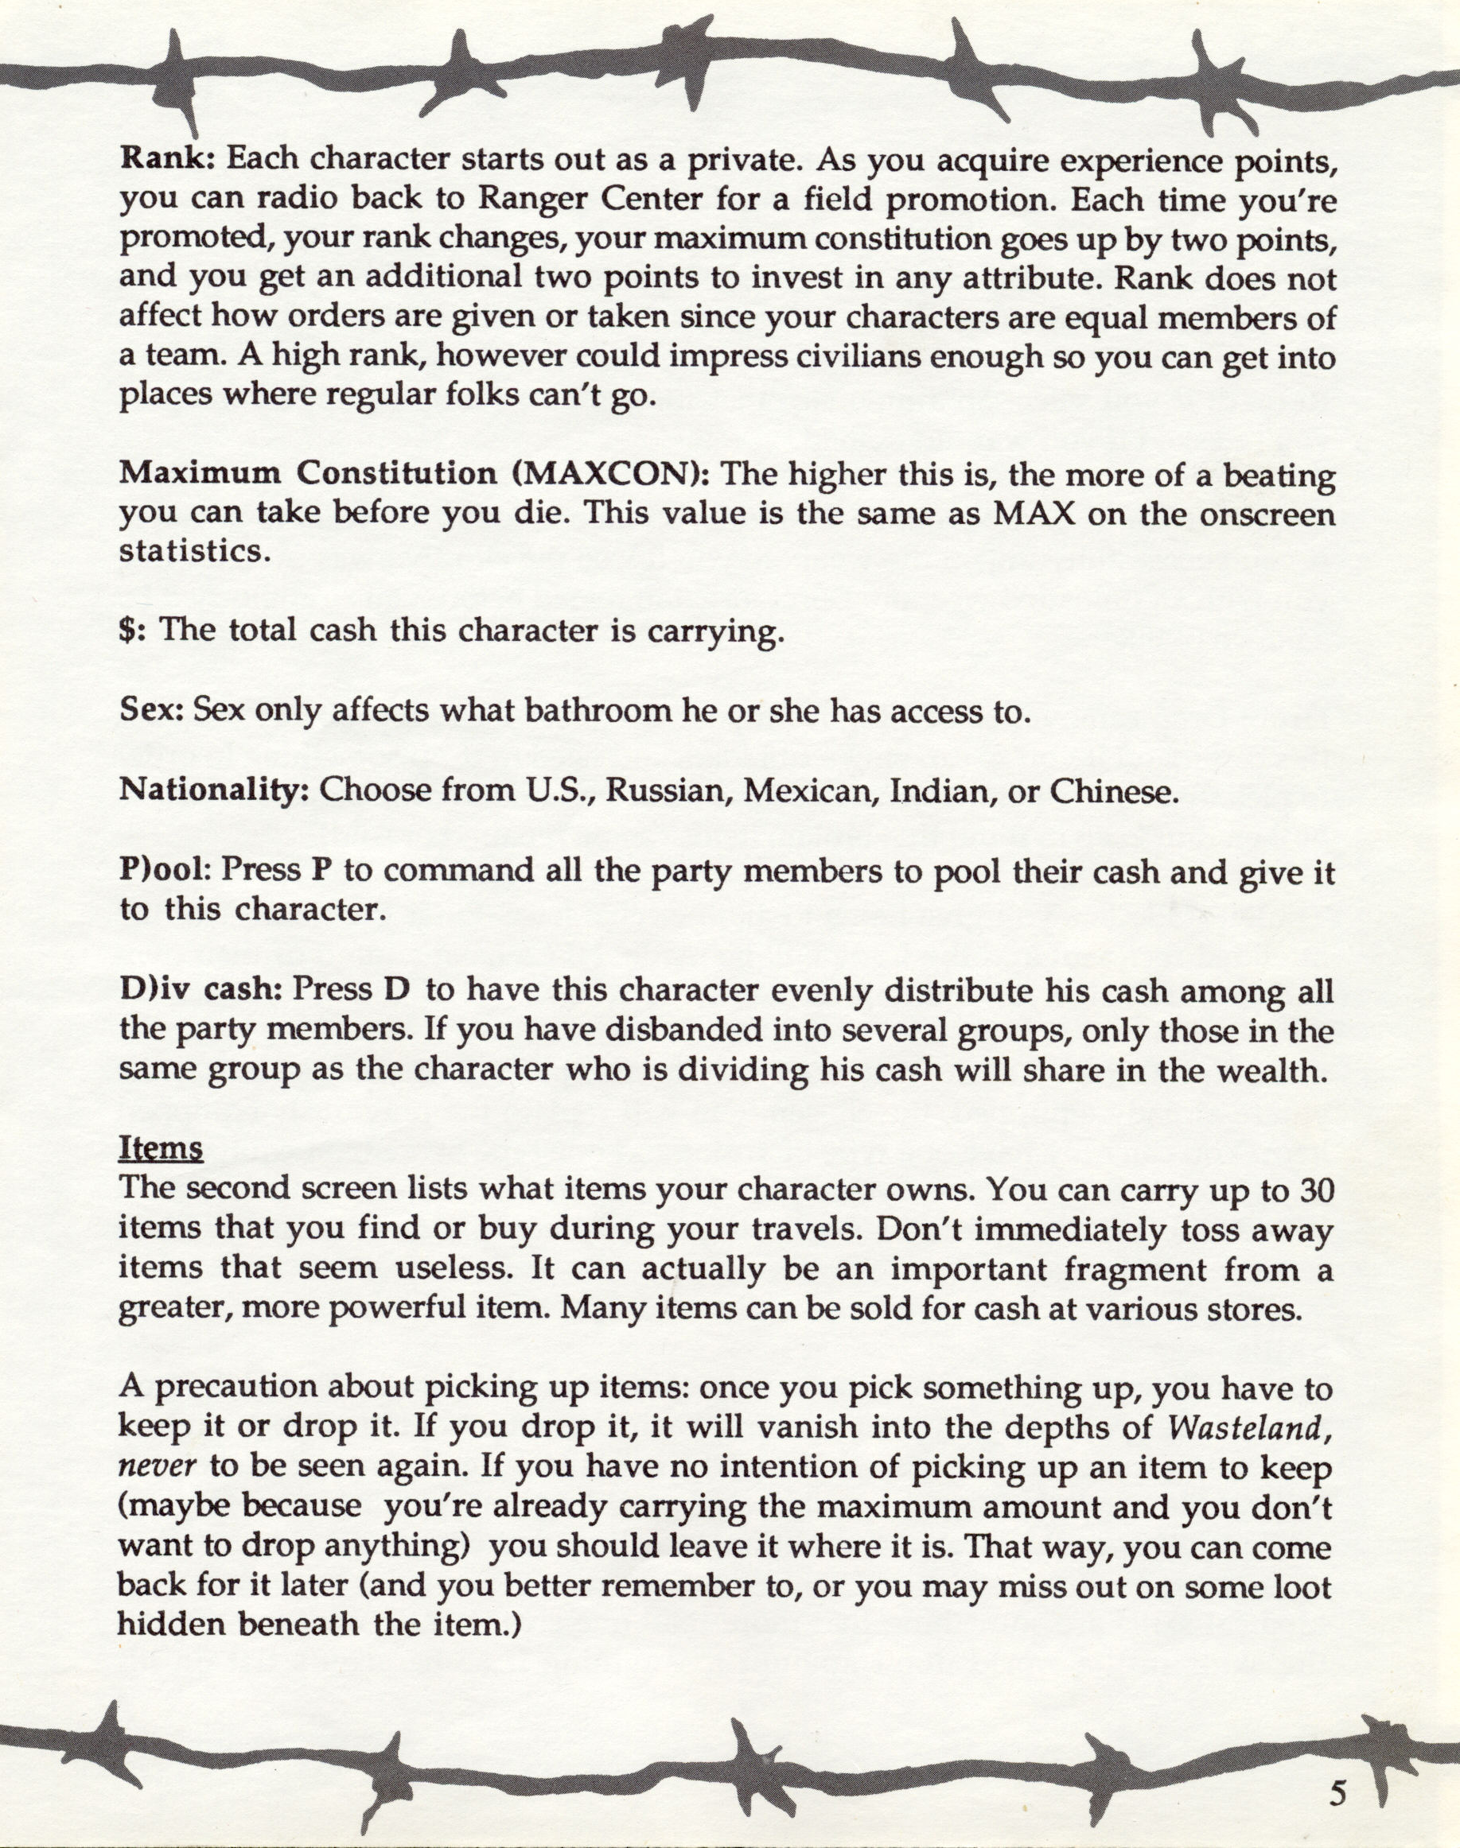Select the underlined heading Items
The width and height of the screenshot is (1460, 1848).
pyautogui.click(x=161, y=1148)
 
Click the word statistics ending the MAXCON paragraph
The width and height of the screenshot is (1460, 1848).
pyautogui.click(x=195, y=552)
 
